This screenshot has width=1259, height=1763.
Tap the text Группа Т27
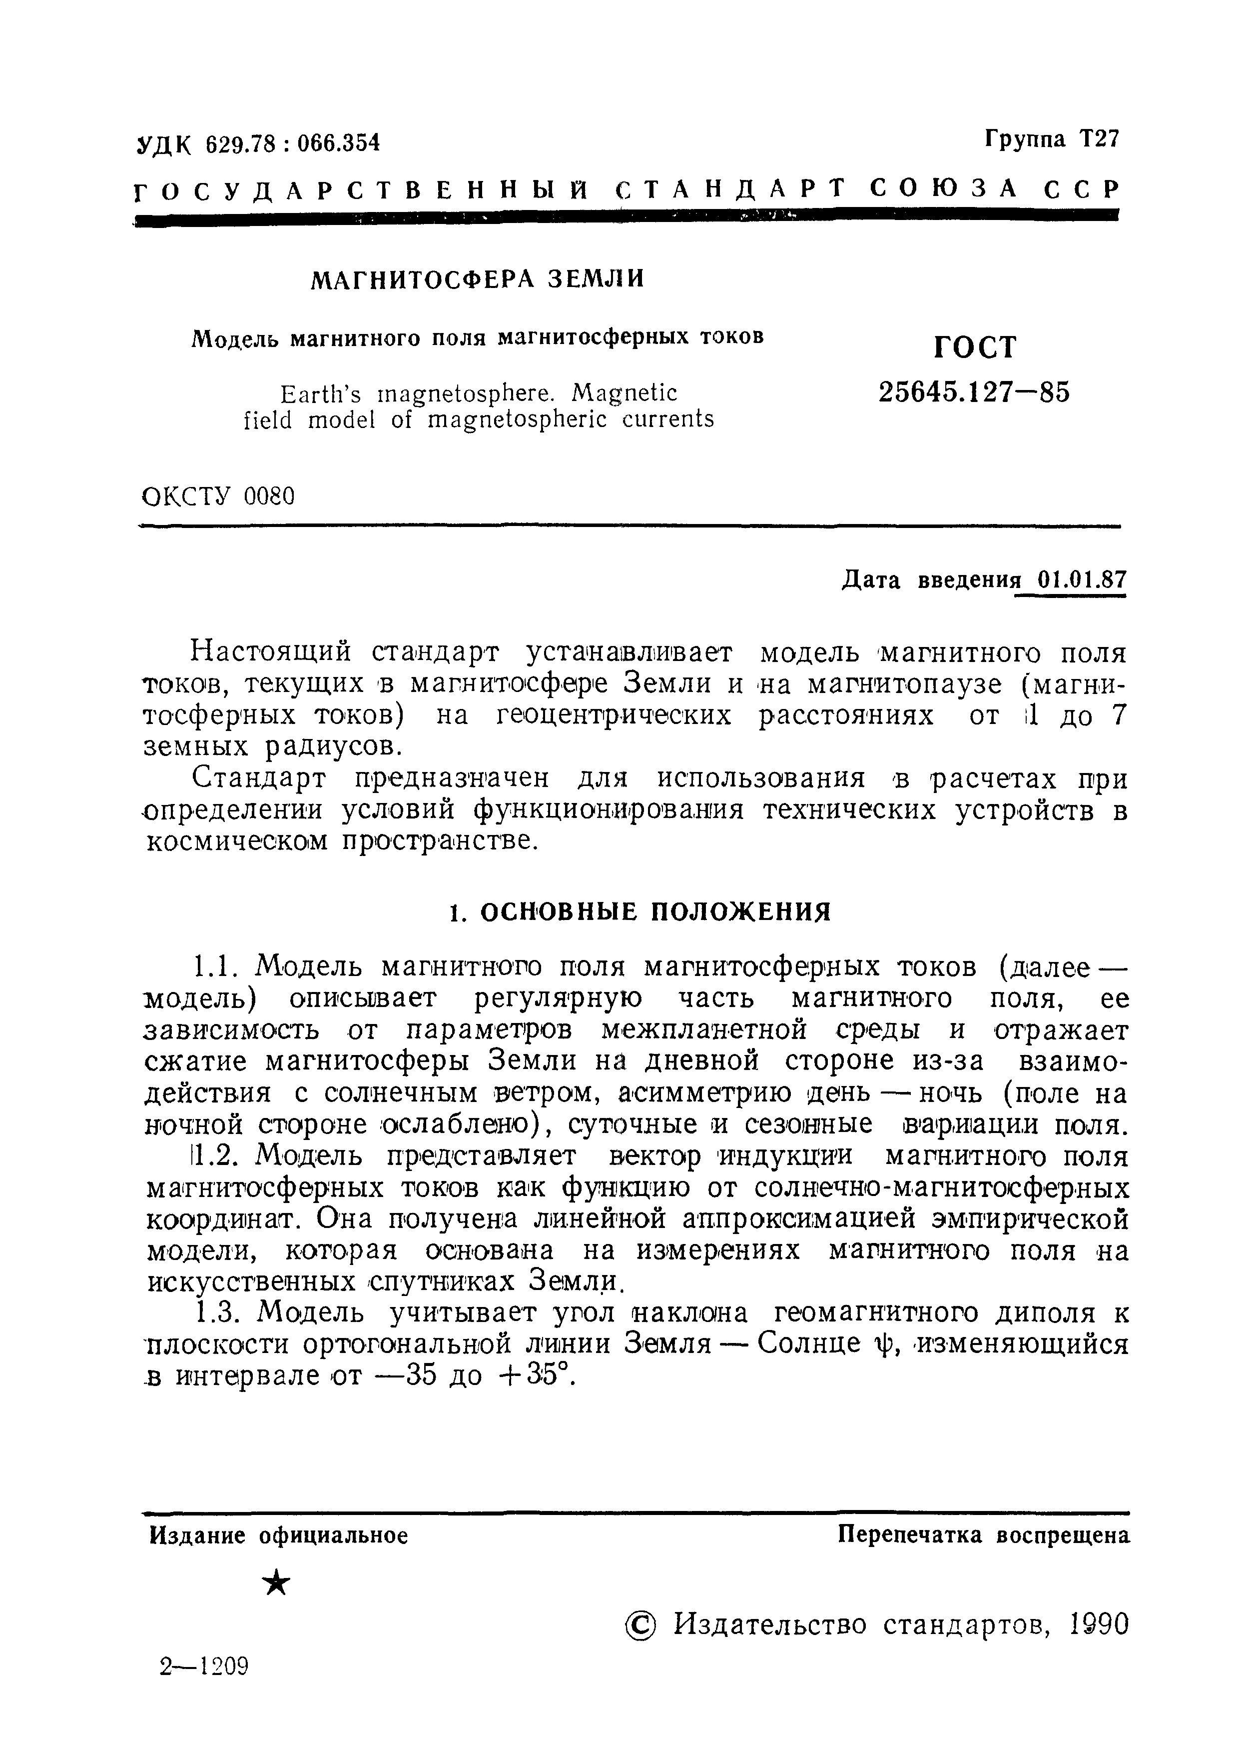click(x=1052, y=139)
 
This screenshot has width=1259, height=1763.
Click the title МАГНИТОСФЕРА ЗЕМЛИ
click(x=477, y=279)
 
